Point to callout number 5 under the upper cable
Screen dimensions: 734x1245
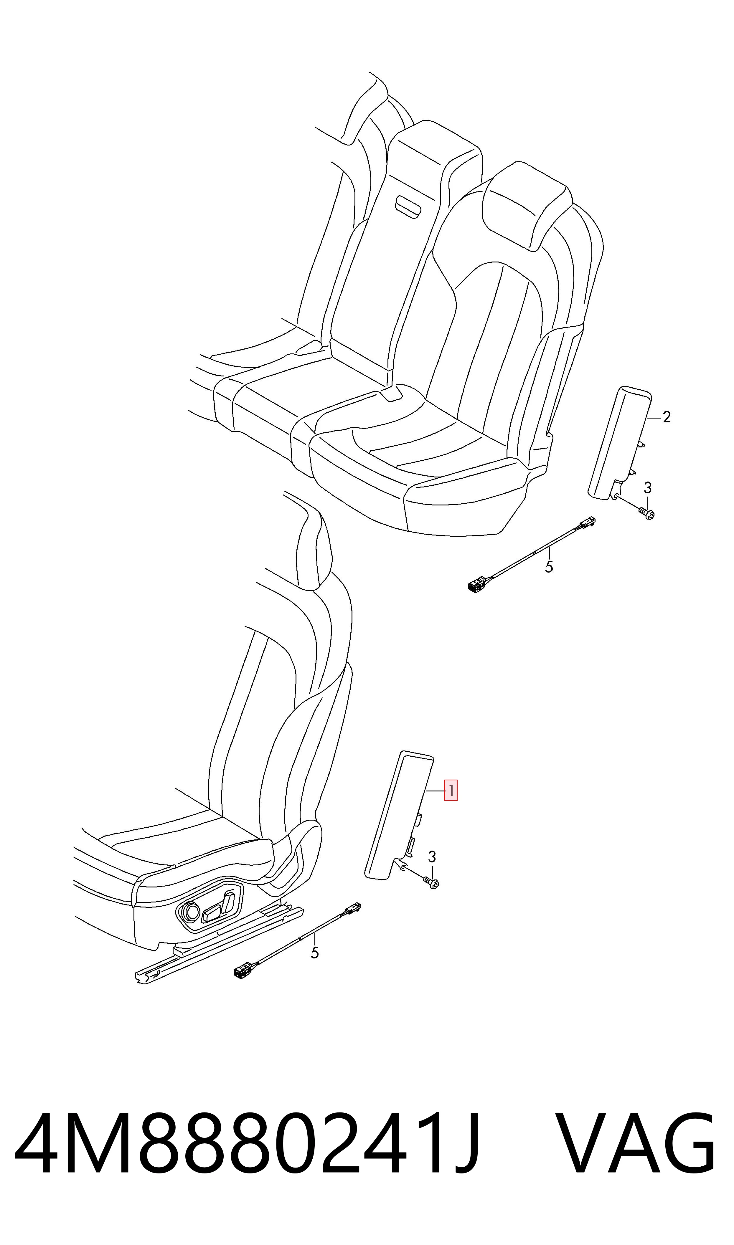point(549,567)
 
